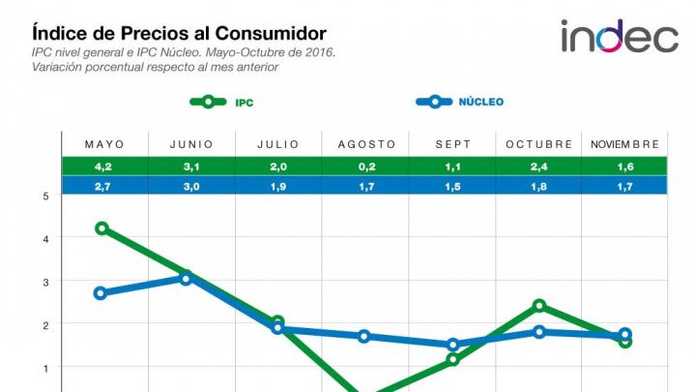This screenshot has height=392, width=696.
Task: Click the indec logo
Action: click(x=620, y=36)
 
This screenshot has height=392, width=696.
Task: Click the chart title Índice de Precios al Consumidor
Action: click(x=179, y=34)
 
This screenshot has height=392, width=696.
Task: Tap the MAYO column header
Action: click(x=104, y=144)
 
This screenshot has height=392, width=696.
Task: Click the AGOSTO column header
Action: click(x=366, y=144)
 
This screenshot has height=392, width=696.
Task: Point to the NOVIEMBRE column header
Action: click(x=624, y=144)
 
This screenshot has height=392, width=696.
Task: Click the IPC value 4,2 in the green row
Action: click(x=104, y=166)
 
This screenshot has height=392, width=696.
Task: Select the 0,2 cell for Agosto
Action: click(x=366, y=166)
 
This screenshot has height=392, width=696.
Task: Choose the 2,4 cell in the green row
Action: click(x=539, y=166)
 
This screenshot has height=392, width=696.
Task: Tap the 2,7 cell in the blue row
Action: click(x=104, y=186)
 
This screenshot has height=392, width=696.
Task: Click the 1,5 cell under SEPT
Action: click(x=453, y=186)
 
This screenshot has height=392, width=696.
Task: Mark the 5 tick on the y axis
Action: click(x=45, y=196)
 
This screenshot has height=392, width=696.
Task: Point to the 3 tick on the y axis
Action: click(x=45, y=282)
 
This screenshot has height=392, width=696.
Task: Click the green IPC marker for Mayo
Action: click(x=101, y=228)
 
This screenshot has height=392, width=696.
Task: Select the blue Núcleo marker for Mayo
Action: click(x=100, y=293)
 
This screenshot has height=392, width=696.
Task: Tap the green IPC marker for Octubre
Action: click(x=539, y=306)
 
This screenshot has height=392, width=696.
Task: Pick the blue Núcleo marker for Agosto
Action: click(x=364, y=336)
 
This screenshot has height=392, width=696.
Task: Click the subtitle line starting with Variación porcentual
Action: click(x=155, y=67)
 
